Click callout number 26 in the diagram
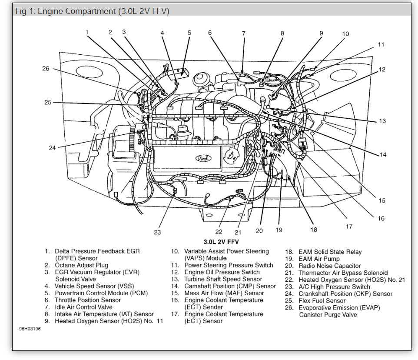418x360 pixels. (x=46, y=68)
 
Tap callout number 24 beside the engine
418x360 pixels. (x=52, y=147)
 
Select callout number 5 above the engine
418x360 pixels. (x=189, y=33)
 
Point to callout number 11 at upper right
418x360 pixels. (x=381, y=44)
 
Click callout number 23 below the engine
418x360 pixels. (x=157, y=232)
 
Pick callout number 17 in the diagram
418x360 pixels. (x=349, y=226)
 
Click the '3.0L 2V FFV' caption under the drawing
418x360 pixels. (x=221, y=242)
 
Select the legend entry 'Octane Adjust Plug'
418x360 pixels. (x=81, y=265)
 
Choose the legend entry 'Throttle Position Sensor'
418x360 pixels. (x=87, y=300)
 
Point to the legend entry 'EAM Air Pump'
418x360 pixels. (x=319, y=259)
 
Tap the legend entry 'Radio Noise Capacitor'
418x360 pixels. (x=329, y=266)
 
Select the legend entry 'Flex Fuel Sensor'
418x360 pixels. (x=322, y=300)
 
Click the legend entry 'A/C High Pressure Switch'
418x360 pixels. (x=334, y=287)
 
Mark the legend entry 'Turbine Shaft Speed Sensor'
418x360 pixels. (x=223, y=279)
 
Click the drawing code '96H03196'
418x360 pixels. (x=30, y=329)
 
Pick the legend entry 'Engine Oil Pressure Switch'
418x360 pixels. (x=222, y=272)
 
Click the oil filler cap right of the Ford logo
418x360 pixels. (x=229, y=153)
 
